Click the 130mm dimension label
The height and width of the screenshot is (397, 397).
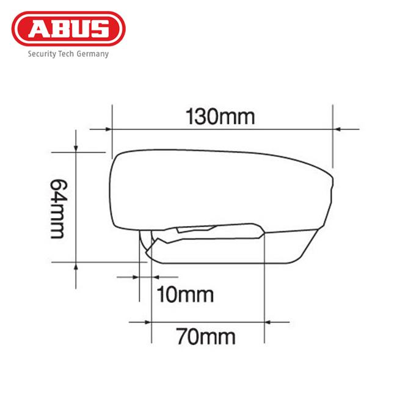(220, 117)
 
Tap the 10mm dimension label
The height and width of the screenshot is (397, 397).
(185, 295)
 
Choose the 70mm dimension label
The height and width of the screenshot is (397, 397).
(206, 336)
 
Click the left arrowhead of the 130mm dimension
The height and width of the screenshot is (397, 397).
(108, 129)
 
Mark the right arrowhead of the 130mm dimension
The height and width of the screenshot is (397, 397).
(337, 129)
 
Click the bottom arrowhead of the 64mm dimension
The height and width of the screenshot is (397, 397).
(75, 266)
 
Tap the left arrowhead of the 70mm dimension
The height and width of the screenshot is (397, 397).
(147, 321)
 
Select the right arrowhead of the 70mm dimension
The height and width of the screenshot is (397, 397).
(269, 321)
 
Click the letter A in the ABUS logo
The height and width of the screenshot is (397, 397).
(45, 29)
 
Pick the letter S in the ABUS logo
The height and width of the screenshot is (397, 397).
(100, 29)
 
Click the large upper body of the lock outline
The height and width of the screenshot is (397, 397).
(220, 189)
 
